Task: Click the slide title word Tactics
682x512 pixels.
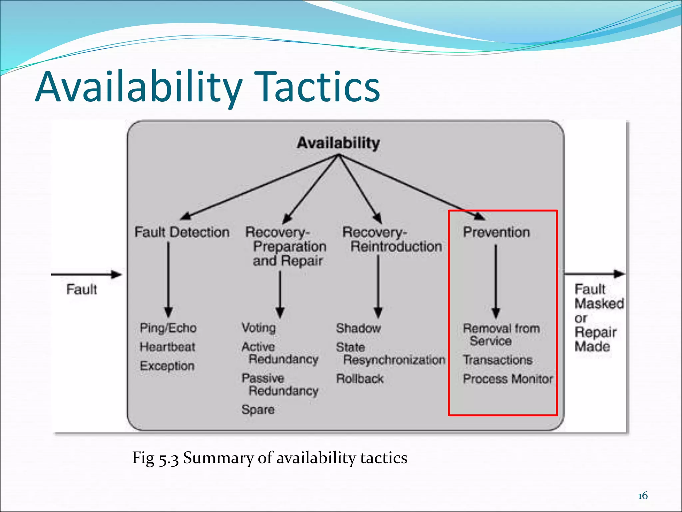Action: coord(319,87)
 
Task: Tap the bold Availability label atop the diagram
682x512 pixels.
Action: coord(338,143)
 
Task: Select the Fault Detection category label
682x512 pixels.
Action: coord(182,232)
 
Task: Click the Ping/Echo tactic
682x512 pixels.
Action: coord(168,328)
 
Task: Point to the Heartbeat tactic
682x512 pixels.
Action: coord(168,347)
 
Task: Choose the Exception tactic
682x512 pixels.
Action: coord(167,366)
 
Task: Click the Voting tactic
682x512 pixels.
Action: coord(259,328)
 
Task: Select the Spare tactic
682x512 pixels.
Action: coord(258,409)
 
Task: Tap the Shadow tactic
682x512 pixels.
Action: coord(358,328)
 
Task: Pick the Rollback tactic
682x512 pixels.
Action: coord(360,379)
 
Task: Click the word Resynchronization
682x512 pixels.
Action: coord(394,360)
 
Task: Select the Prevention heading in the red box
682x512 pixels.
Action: coord(496,232)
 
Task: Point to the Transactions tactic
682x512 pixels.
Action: coord(498,360)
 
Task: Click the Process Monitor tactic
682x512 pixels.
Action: coord(508,379)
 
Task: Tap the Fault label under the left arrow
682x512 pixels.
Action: coord(82,289)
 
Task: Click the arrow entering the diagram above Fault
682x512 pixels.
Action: coord(87,275)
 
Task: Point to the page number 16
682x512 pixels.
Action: coord(643,496)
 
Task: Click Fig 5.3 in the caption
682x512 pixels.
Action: coord(156,458)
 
